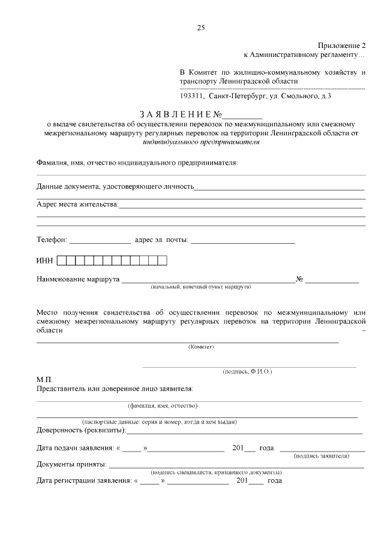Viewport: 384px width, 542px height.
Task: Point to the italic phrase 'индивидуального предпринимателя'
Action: [201, 143]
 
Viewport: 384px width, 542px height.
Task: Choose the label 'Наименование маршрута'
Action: [78, 279]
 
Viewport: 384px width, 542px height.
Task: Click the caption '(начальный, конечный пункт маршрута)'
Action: [200, 287]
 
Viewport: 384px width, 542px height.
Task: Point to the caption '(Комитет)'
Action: [201, 347]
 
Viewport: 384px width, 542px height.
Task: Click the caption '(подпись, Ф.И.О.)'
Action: [247, 372]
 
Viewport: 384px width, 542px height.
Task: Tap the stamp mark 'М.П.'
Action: [45, 380]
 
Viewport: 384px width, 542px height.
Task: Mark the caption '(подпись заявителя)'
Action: [322, 456]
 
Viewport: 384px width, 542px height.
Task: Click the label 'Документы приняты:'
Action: [72, 464]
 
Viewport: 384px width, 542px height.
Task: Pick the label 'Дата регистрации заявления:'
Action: [84, 480]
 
